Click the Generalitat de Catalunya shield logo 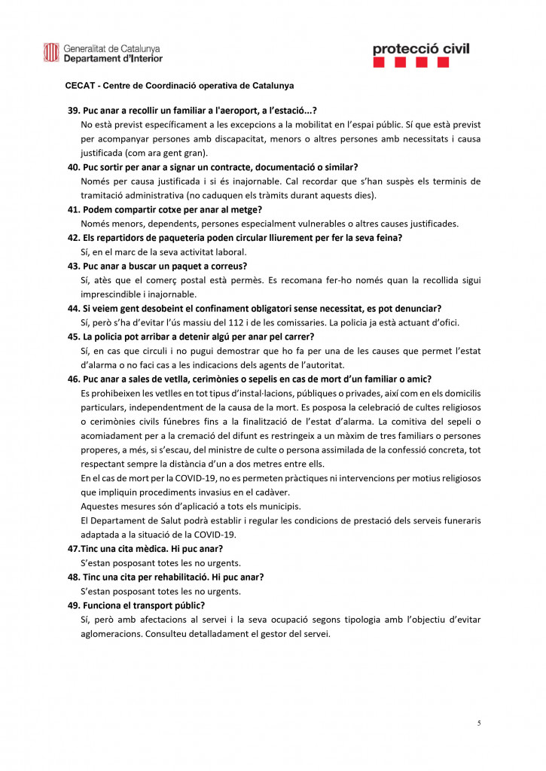[x=50, y=52]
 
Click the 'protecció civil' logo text [x=420, y=49]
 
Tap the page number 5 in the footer [x=478, y=723]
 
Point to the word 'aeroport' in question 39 [x=236, y=109]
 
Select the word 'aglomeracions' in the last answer [x=111, y=634]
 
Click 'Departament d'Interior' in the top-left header [x=113, y=58]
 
